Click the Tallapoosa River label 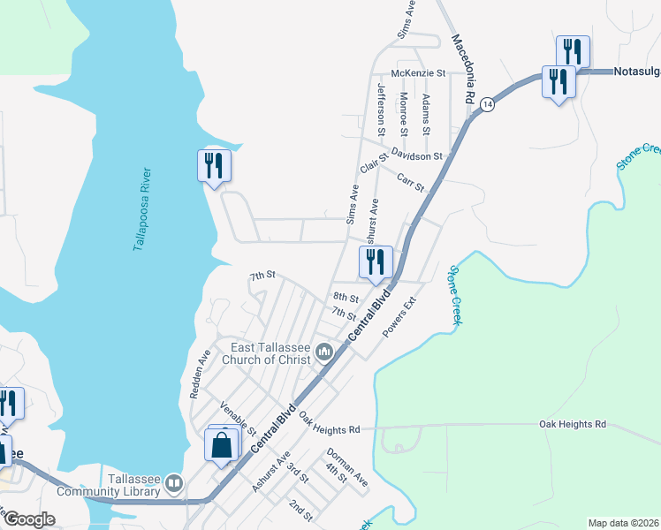pos(143,209)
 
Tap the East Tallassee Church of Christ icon pos(323,353)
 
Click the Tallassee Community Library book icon pos(175,484)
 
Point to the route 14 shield pos(487,104)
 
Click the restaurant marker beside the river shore pos(214,165)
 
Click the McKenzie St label pos(419,73)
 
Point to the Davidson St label pos(417,155)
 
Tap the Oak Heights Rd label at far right pos(573,424)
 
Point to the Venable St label pos(238,420)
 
